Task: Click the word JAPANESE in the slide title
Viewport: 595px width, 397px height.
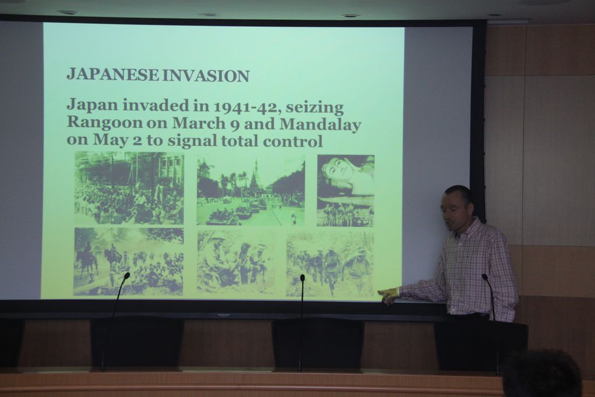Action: [x=112, y=75]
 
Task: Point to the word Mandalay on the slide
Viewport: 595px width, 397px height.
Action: [x=320, y=124]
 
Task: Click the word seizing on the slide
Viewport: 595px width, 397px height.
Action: [x=314, y=108]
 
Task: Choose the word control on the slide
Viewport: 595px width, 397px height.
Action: [x=293, y=141]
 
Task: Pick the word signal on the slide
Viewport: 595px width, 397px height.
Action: [x=192, y=141]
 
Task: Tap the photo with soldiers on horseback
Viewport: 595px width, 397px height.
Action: [x=128, y=261]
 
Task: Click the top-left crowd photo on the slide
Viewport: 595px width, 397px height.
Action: [x=129, y=188]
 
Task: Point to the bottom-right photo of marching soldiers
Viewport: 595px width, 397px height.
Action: [x=330, y=264]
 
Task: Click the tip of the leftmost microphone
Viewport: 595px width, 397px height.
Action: [x=127, y=275]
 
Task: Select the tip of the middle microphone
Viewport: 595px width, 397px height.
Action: [x=302, y=278]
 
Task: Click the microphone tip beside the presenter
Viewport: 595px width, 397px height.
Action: [x=485, y=277]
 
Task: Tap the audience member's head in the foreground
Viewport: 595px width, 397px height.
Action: [x=543, y=374]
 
